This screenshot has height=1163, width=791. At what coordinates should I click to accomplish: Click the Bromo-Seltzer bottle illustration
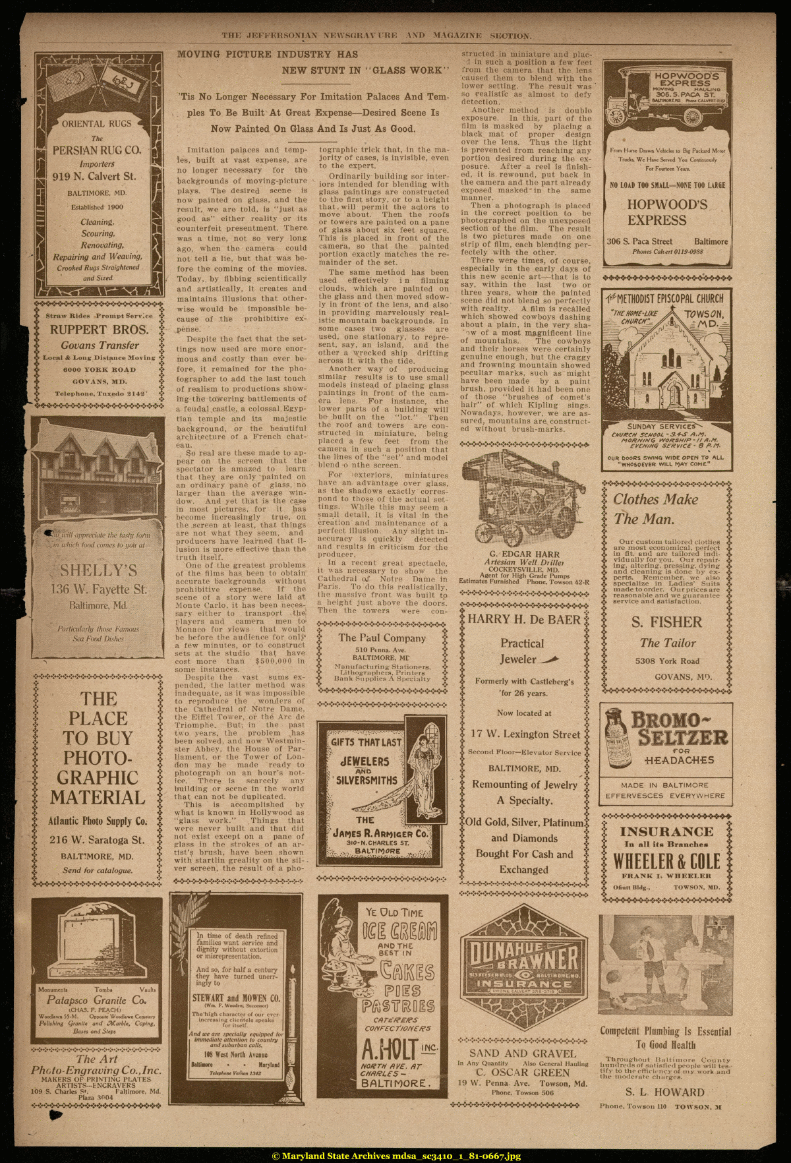pos(616,739)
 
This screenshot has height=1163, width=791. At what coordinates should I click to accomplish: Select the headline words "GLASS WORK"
pos(409,71)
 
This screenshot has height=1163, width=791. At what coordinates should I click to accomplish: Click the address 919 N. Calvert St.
pos(94,177)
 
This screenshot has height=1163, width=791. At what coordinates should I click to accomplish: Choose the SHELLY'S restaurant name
pos(99,570)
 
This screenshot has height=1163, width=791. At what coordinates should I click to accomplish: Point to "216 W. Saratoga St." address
pos(97,840)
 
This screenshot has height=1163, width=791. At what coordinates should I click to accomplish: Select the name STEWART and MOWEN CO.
pos(236,998)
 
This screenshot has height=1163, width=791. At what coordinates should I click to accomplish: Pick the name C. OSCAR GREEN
pos(523,1072)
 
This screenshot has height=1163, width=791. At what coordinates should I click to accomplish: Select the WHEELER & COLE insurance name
pos(666,861)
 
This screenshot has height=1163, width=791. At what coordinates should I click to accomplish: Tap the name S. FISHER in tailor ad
pos(666,622)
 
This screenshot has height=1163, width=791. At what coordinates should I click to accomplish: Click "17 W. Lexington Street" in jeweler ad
pos(525,734)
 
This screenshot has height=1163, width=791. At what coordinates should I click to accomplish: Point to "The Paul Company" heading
pos(382,638)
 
